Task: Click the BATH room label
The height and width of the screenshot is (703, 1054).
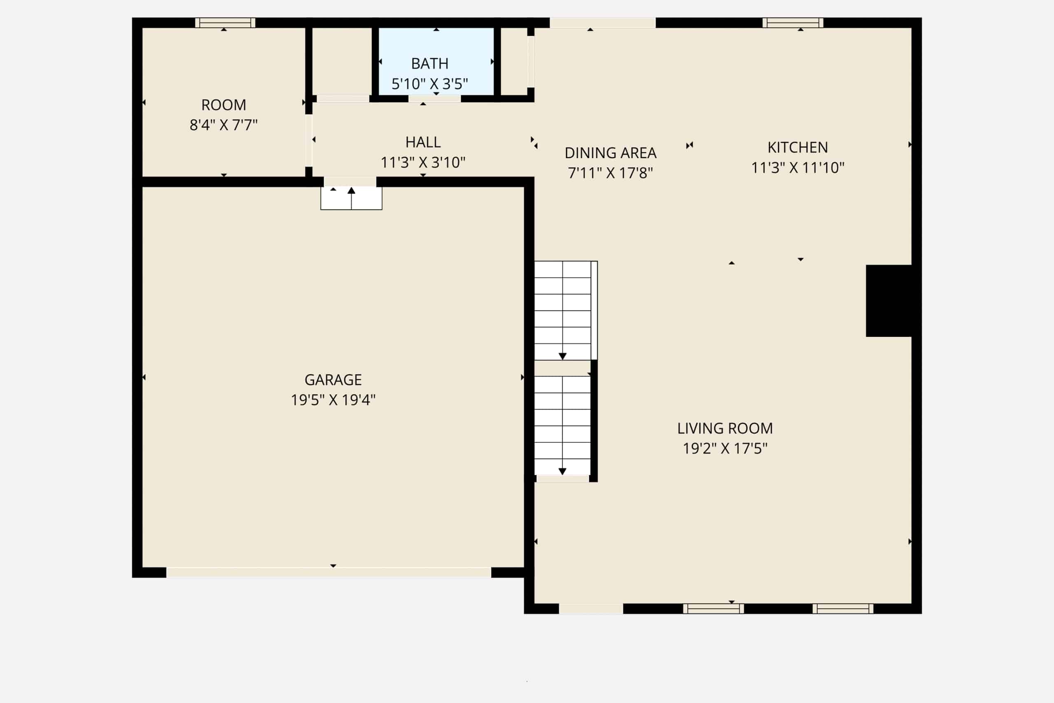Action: coord(430,64)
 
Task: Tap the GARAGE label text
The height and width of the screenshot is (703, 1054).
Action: coord(333,380)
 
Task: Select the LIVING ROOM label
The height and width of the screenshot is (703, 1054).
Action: coord(725,428)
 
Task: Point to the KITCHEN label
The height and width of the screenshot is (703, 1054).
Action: coord(797,147)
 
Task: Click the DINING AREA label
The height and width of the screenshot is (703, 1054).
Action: coord(610,153)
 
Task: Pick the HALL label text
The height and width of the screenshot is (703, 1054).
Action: coord(423,142)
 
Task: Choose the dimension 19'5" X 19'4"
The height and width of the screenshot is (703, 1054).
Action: coord(333,399)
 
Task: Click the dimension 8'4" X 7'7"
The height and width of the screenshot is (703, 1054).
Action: coord(224,125)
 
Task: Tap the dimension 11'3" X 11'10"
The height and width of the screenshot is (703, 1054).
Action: coord(797,168)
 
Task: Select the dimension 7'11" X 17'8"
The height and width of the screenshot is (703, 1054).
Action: coord(610,173)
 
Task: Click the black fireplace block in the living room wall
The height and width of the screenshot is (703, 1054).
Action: coord(889,300)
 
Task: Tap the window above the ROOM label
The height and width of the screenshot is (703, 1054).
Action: coord(225,22)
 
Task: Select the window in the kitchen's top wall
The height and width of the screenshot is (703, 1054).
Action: coord(793,22)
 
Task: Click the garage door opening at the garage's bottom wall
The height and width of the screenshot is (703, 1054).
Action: coord(329,572)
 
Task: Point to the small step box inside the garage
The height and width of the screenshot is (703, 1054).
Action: coord(351,198)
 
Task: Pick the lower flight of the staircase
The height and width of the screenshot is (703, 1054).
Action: coord(562,425)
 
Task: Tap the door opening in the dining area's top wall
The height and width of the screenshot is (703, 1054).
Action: coord(603,22)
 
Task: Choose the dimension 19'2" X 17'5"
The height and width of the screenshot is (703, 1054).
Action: coord(725,448)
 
